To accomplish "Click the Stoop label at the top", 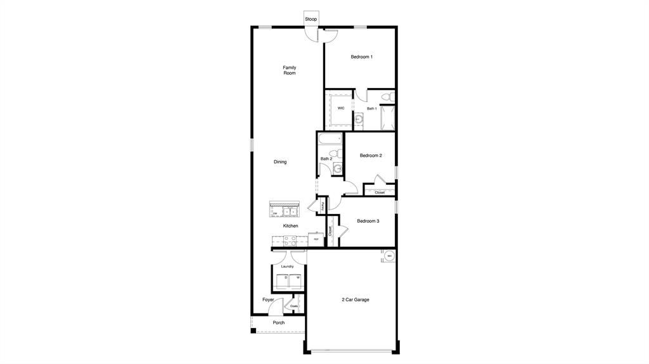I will (311, 19).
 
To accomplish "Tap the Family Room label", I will (289, 70).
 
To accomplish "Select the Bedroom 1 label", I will (361, 57).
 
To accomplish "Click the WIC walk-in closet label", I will (340, 108).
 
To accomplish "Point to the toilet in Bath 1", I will (385, 97).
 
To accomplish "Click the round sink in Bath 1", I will (359, 118).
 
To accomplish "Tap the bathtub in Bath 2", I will (330, 139).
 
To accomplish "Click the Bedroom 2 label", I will (371, 155).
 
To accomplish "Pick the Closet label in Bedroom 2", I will (380, 192).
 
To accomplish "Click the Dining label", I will (280, 162).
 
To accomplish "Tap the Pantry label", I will (323, 206).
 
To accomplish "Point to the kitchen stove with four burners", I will (289, 240).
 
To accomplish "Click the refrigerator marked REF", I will (316, 239).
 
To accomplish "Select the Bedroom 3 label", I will (368, 221).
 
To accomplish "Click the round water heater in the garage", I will (389, 256).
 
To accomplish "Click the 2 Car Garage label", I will (355, 299).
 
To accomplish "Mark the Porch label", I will (278, 323).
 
